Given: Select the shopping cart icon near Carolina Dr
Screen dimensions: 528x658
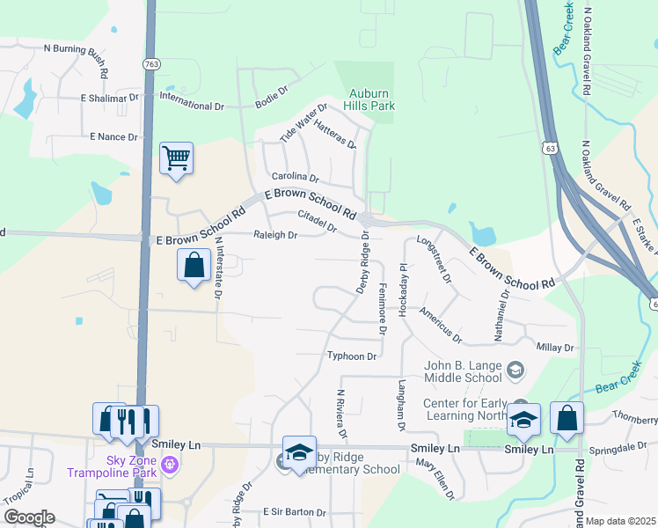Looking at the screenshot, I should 176,159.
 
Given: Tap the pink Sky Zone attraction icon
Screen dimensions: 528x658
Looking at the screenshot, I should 170,463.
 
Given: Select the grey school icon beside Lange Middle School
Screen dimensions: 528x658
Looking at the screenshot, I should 514,372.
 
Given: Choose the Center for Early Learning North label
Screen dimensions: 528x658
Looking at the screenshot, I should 464,410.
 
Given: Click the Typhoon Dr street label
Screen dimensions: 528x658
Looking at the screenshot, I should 352,356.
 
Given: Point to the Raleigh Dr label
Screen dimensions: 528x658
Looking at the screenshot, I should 276,235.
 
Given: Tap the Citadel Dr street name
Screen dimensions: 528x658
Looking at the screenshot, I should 318,221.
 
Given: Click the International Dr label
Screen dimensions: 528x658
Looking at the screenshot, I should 193,106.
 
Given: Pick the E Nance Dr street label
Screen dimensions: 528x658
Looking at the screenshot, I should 113,137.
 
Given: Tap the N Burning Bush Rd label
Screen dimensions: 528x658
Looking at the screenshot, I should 75,49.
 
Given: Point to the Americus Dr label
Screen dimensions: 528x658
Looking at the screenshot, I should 440,324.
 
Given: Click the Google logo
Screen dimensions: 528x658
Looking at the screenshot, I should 28,517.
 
